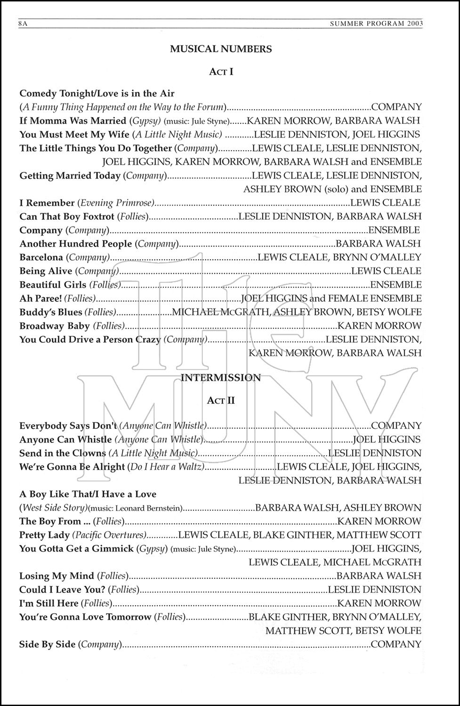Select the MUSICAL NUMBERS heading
(221, 48)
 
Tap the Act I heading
(221, 72)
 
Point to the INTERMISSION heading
(221, 377)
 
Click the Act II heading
(221, 401)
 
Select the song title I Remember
(47, 203)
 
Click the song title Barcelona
(41, 257)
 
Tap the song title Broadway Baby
(55, 326)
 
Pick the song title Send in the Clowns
(62, 453)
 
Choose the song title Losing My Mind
(56, 576)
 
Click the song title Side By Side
(47, 644)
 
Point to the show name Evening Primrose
(116, 203)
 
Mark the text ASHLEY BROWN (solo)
(296, 189)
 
